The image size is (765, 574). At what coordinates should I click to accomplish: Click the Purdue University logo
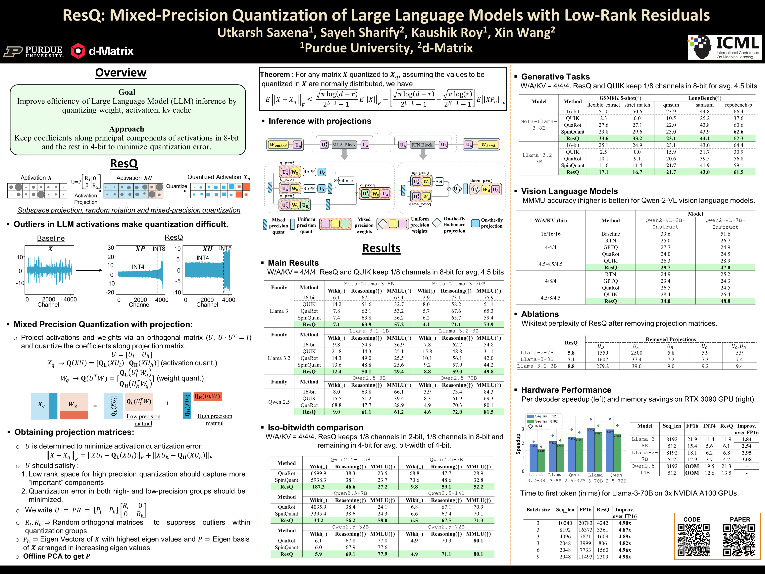[x=33, y=51]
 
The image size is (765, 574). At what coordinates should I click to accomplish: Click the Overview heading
[x=121, y=73]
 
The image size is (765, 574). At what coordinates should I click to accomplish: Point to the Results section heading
[x=381, y=248]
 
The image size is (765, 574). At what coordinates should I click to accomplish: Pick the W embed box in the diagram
[x=278, y=145]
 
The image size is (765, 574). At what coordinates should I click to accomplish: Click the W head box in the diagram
[x=488, y=145]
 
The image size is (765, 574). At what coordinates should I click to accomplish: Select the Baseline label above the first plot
[x=51, y=238]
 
